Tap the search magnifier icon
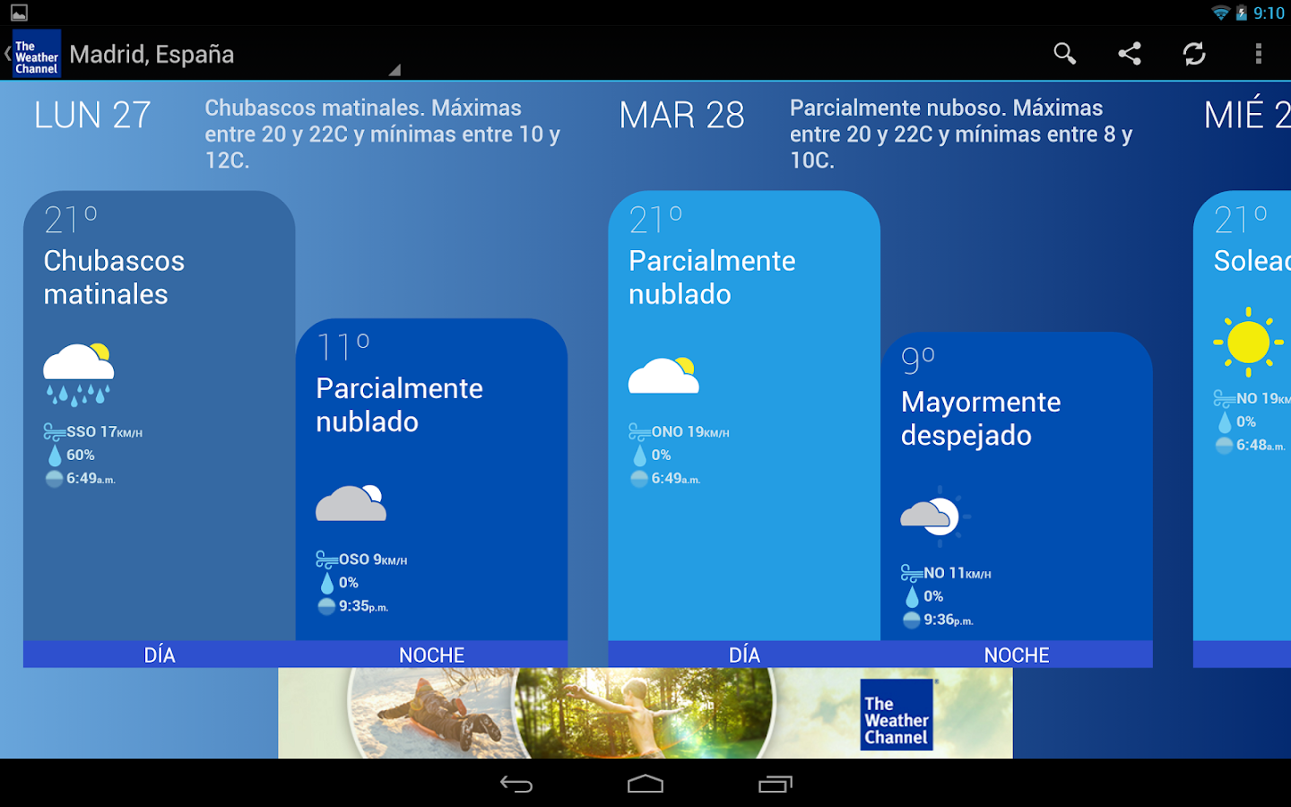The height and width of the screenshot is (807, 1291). tap(1064, 54)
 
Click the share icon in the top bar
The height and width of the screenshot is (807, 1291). tap(1129, 54)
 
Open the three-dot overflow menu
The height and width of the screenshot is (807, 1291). tap(1258, 54)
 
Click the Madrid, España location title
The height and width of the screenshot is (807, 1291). tap(152, 55)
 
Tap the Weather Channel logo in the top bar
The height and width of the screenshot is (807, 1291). tap(37, 54)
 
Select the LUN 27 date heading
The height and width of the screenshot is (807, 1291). tap(92, 115)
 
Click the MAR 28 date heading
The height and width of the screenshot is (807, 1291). tap(681, 115)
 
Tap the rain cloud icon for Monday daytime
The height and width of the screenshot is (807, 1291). tap(78, 375)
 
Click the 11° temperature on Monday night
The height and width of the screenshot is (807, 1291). tap(342, 348)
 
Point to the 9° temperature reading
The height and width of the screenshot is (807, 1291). tap(917, 360)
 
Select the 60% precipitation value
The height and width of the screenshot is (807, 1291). tap(80, 455)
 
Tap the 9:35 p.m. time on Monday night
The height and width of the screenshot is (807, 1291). tap(363, 606)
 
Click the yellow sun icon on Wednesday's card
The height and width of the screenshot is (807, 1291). tap(1248, 342)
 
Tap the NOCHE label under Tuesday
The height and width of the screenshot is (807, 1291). tap(1017, 655)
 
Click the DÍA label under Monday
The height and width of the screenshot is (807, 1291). tap(160, 655)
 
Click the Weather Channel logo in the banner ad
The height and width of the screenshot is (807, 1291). tap(897, 715)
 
